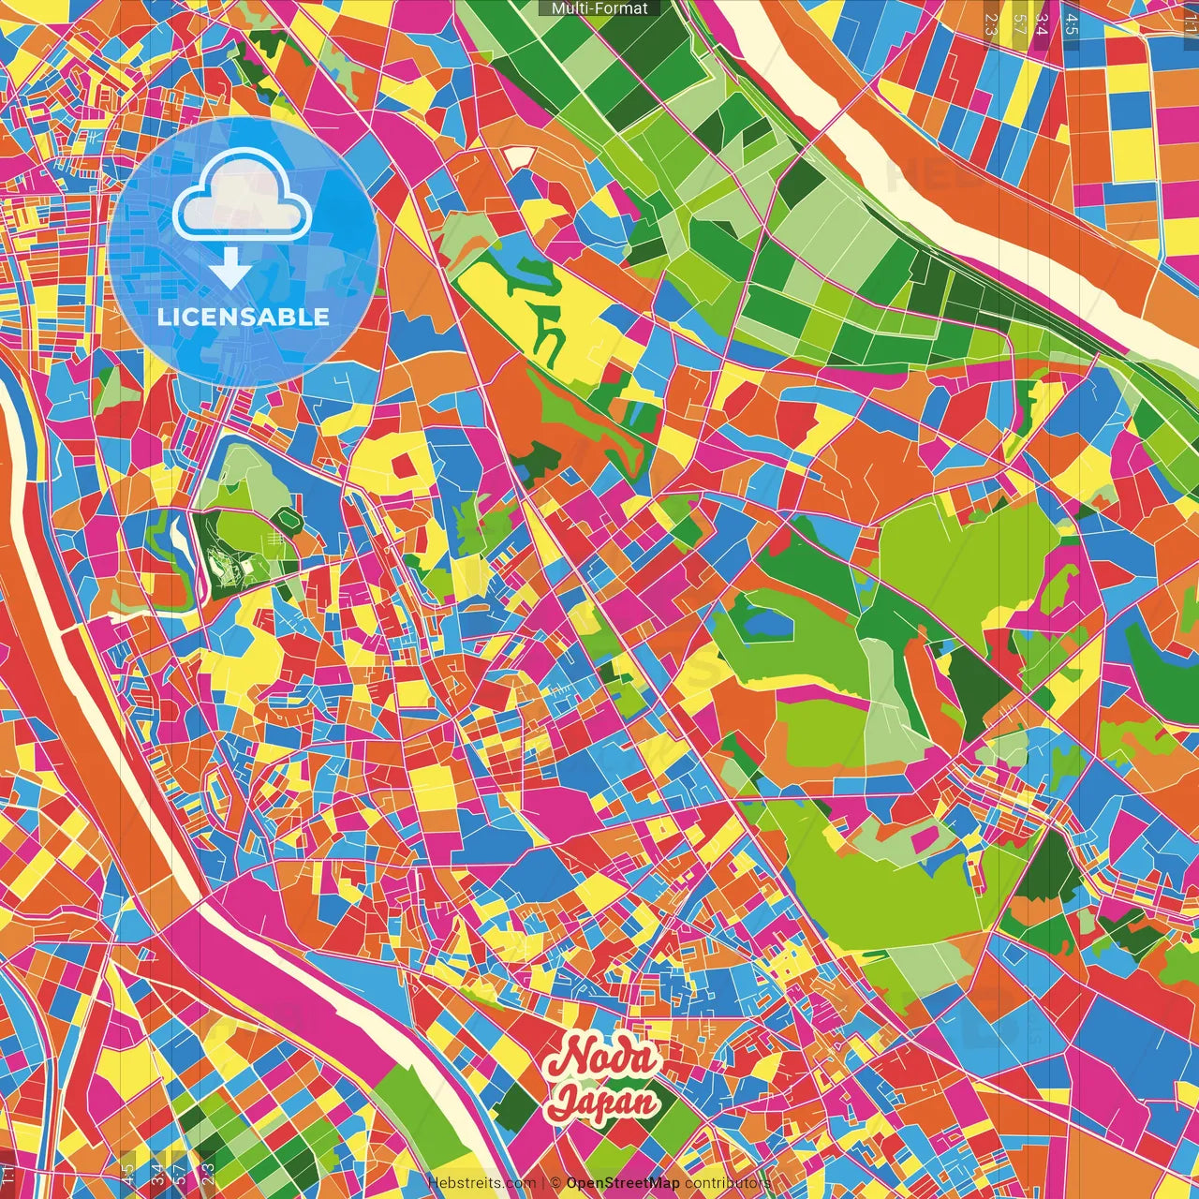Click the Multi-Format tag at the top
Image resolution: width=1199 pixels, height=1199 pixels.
click(x=599, y=8)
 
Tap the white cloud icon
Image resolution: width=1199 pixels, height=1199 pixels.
click(x=243, y=198)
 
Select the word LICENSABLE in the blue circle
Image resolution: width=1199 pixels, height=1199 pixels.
click(x=244, y=317)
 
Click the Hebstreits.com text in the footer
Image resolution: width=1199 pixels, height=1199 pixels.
click(x=481, y=1183)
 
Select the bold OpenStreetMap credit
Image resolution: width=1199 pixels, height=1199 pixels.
click(x=623, y=1183)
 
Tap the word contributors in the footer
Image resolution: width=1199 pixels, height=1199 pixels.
click(x=728, y=1183)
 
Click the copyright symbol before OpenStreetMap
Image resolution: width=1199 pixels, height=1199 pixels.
click(x=555, y=1183)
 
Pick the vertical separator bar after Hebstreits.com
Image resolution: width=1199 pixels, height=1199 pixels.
click(x=542, y=1183)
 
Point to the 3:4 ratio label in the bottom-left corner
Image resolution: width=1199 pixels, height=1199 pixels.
click(x=156, y=1174)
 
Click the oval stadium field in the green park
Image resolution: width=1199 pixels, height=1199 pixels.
click(x=287, y=518)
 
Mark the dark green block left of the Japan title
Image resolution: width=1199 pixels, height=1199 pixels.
click(x=516, y=1106)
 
